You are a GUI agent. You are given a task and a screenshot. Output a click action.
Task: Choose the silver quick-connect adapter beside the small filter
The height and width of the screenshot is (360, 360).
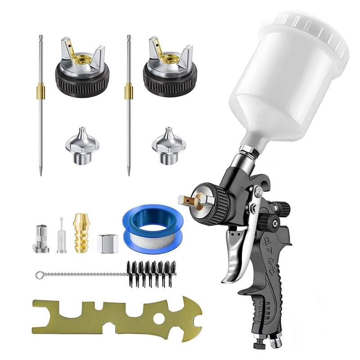(39, 238)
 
